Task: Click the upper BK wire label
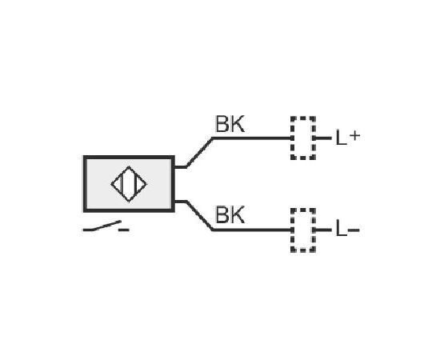(230, 124)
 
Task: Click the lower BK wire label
(230, 214)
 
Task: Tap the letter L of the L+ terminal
(341, 138)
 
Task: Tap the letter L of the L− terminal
(341, 229)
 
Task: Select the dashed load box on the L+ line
(303, 117)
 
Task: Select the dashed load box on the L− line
(303, 209)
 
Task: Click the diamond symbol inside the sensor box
(129, 166)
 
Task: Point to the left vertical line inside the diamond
(122, 184)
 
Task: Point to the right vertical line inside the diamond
(135, 184)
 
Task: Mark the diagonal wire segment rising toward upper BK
(199, 152)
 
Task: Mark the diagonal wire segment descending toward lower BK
(199, 215)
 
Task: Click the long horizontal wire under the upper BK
(252, 138)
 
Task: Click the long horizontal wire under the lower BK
(252, 230)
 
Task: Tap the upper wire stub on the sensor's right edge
(181, 167)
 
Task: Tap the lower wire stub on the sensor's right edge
(181, 202)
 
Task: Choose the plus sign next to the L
(355, 136)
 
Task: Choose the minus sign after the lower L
(354, 230)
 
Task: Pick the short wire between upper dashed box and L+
(323, 138)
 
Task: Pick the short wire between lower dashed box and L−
(323, 230)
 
